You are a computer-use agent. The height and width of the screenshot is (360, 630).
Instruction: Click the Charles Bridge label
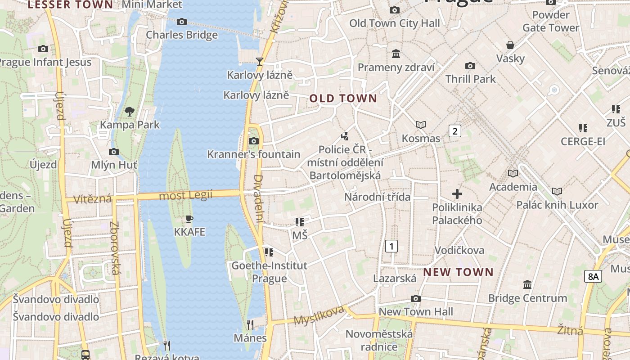click(182, 35)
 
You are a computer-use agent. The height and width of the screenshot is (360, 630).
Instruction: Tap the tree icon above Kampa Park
click(130, 111)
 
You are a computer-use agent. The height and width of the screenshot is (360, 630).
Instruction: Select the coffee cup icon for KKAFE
click(189, 219)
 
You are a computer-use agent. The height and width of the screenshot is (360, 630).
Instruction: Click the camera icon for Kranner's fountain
click(254, 141)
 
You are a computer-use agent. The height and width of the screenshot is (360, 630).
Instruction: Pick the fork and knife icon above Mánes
click(250, 324)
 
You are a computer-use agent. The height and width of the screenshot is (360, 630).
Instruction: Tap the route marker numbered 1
click(392, 246)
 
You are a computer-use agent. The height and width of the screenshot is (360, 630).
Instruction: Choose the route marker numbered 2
click(455, 131)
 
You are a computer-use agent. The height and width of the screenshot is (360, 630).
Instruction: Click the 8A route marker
click(593, 276)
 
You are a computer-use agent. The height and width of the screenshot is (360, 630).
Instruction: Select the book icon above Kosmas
click(421, 125)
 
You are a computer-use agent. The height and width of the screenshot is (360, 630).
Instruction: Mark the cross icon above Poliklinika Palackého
click(457, 194)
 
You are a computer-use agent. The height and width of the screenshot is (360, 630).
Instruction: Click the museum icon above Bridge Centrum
click(527, 285)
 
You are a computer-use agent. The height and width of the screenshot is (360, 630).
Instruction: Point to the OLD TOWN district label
click(343, 99)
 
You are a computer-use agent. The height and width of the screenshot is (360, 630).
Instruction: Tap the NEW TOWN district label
click(459, 272)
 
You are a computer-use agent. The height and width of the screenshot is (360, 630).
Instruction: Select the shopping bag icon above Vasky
click(510, 45)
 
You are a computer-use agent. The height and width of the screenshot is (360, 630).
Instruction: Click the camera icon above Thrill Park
click(470, 66)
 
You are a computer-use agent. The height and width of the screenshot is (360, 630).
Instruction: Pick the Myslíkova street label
click(319, 315)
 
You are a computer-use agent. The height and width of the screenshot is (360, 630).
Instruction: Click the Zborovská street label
click(115, 248)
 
